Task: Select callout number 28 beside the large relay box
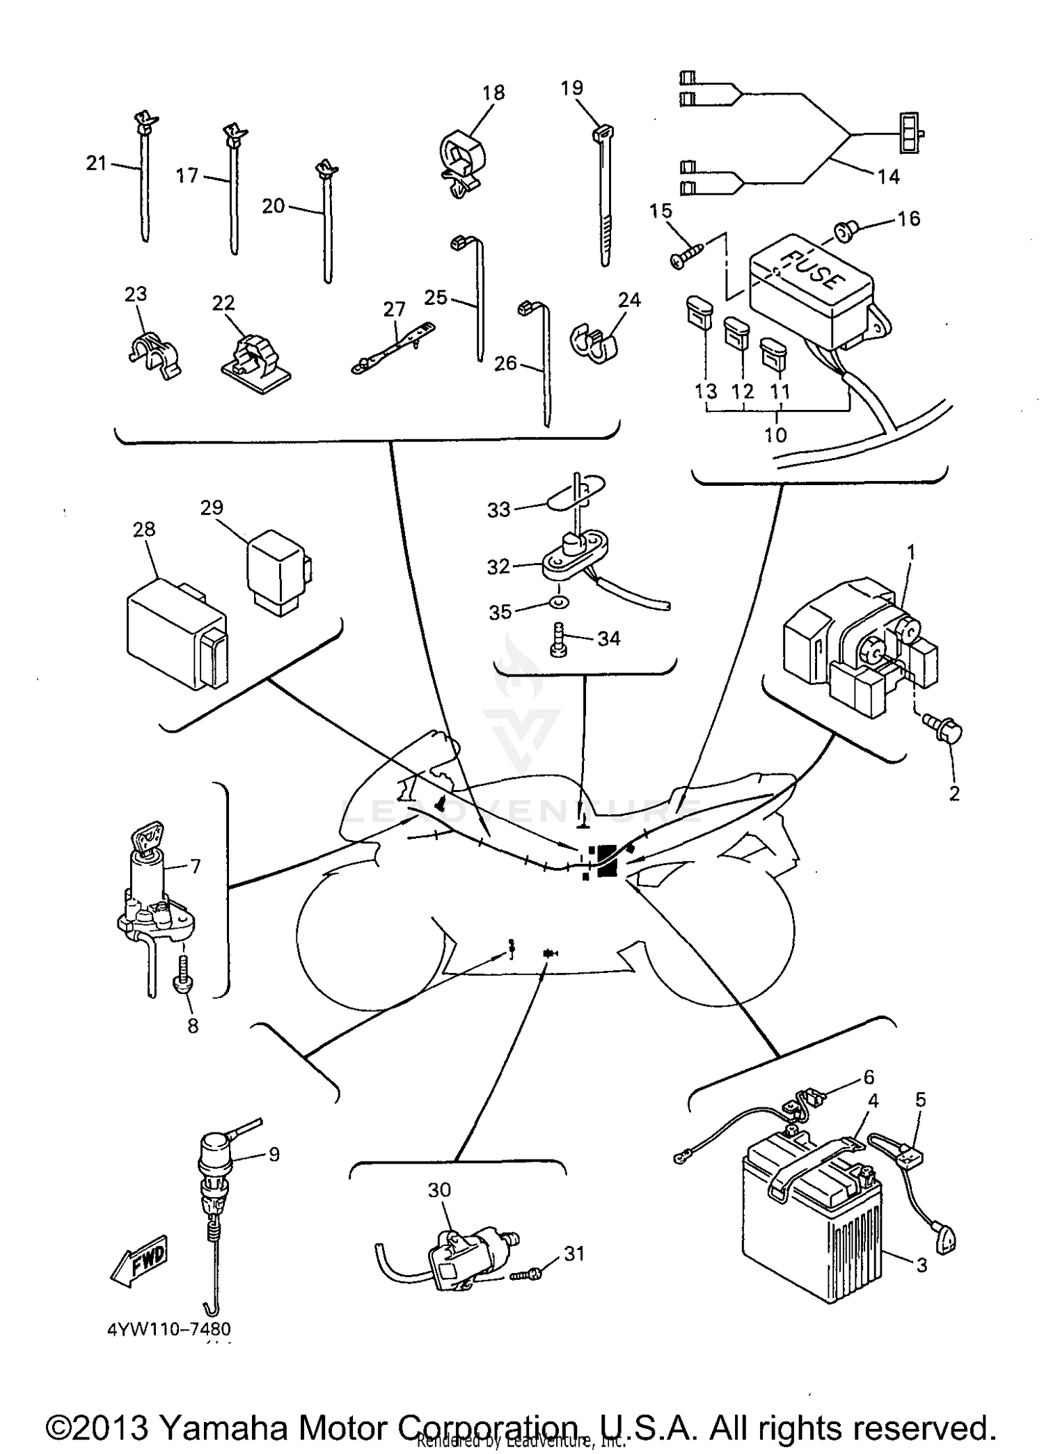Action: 144,530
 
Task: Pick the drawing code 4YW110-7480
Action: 169,1329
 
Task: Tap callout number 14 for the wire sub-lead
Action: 888,177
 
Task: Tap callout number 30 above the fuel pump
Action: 440,1190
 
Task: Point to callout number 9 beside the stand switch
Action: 274,1154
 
